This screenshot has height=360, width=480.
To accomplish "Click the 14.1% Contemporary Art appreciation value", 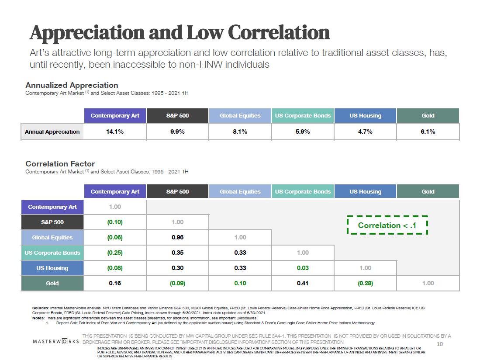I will tap(115, 132).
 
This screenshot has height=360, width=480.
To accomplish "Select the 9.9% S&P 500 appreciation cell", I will tap(177, 132).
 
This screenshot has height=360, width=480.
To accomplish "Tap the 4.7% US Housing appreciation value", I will tap(365, 132).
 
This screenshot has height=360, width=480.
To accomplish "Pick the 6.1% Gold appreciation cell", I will tap(428, 132).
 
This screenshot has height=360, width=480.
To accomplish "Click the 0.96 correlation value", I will tap(177, 238).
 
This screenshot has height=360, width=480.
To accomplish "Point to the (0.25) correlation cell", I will tap(115, 253).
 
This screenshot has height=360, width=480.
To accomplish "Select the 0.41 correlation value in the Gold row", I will tap(303, 284).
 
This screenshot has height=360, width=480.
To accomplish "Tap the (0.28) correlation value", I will tap(365, 284).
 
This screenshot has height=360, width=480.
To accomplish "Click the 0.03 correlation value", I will tap(303, 268).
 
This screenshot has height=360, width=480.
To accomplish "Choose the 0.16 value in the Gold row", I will tap(115, 284).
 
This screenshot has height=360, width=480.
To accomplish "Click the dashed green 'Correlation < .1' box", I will tap(387, 225).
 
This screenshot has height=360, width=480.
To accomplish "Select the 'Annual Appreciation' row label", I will tap(52, 132).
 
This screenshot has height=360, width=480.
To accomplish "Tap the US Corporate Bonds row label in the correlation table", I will tap(52, 253).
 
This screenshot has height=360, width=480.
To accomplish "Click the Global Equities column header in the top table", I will tap(240, 116).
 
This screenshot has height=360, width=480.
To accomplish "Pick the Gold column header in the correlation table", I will tap(428, 191).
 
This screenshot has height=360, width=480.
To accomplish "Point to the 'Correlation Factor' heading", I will tap(60, 164).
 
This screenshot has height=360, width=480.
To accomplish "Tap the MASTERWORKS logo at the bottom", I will tap(56, 341).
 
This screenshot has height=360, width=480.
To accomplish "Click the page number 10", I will tap(440, 344).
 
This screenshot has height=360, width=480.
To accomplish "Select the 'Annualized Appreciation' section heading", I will tap(72, 85).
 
